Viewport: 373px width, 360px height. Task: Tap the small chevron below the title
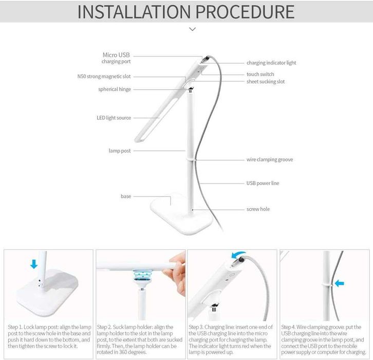(192, 29)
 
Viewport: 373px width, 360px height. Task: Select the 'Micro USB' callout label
(117, 55)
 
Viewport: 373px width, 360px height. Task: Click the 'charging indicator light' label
(271, 63)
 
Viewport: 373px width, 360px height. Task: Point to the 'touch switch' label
(260, 74)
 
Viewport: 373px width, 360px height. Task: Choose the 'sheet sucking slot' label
(266, 81)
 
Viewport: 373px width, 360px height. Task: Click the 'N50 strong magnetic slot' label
(101, 76)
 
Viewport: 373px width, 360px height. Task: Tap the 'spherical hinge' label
(115, 89)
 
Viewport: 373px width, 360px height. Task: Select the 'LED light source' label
(114, 118)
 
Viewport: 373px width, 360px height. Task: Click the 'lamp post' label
(119, 151)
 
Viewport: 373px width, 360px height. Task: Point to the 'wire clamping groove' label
(270, 159)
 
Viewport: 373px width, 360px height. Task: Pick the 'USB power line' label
(263, 183)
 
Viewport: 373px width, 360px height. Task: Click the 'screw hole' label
(258, 209)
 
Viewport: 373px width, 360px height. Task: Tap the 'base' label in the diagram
(126, 196)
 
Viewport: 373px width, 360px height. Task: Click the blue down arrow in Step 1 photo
(34, 264)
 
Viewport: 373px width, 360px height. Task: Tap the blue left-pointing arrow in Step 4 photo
(339, 283)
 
